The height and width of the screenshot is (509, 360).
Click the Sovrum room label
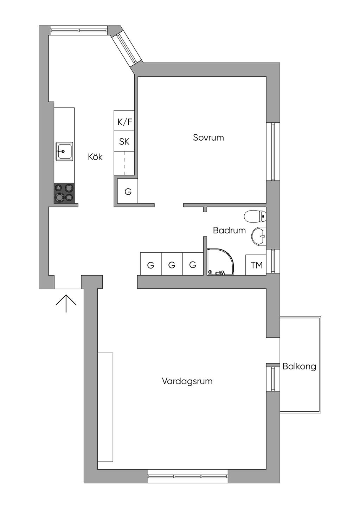[208, 137]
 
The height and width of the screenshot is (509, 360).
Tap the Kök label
[95, 157]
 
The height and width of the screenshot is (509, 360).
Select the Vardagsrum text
[187, 381]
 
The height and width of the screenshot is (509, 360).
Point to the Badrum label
[229, 231]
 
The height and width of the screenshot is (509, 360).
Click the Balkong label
[299, 367]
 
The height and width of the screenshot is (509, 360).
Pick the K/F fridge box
[124, 122]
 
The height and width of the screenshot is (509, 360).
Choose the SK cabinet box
[124, 142]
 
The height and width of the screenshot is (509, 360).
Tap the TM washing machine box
[256, 265]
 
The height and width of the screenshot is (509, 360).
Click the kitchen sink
[64, 152]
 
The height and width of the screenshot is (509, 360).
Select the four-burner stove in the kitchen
[64, 193]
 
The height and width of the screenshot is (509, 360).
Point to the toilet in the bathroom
[255, 216]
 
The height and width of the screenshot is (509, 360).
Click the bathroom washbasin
[259, 236]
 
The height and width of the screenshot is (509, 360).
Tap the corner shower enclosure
[220, 262]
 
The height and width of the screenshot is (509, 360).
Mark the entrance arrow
[66, 303]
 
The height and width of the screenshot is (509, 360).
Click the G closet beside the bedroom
[127, 192]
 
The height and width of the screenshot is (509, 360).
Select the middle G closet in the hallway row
[172, 265]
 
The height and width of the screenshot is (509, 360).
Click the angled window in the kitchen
[127, 49]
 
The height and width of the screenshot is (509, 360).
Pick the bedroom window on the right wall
[273, 152]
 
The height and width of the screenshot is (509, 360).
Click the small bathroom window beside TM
[273, 261]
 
